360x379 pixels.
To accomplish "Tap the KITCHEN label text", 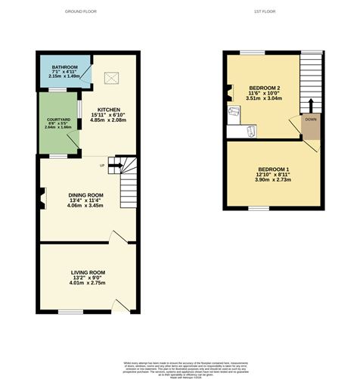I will point(109,110).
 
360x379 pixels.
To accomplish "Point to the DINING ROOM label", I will point(85,195).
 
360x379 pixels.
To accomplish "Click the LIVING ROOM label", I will point(88,272).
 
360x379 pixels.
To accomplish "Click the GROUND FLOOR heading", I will point(85,12).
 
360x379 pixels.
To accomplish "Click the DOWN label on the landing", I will point(311,120).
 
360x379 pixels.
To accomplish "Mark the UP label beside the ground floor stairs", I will point(102,166).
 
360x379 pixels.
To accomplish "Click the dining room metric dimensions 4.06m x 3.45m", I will point(85,206).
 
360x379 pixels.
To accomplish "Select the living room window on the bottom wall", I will point(70,310).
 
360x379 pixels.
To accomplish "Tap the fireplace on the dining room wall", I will point(42,198).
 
